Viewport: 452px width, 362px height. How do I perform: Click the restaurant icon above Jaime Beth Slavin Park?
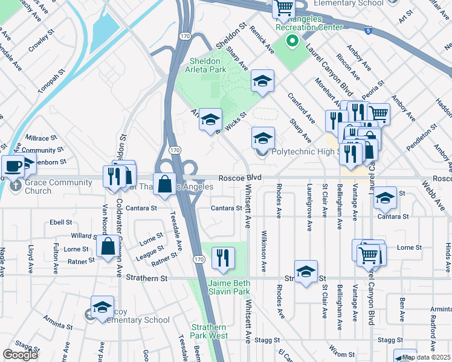pyautogui.click(x=223, y=258)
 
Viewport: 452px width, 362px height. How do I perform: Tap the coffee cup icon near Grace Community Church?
pyautogui.click(x=12, y=167)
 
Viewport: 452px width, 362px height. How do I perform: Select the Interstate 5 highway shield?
pyautogui.click(x=368, y=29)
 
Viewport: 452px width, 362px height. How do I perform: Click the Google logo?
pyautogui.click(x=20, y=355)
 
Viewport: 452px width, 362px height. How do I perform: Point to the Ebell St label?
pyautogui.click(x=61, y=222)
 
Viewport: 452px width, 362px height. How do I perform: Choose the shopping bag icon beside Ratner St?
pyautogui.click(x=108, y=246)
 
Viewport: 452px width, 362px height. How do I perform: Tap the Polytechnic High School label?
pyautogui.click(x=304, y=151)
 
